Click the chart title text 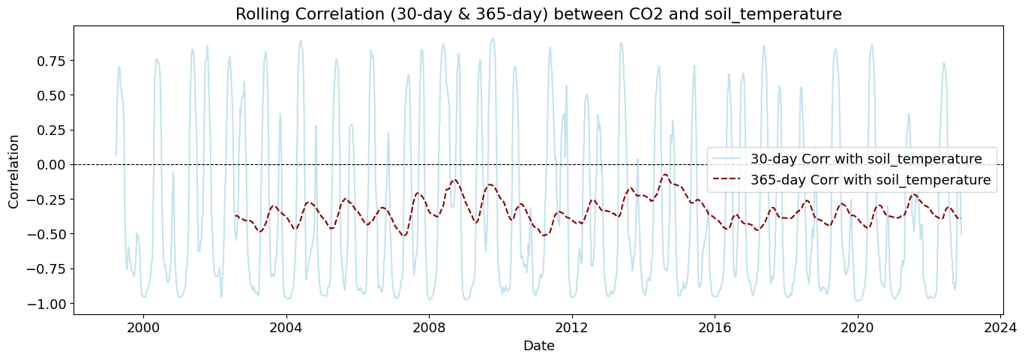tap(538, 13)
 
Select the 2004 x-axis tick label tap(286, 328)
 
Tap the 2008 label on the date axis tap(429, 328)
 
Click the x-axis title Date tap(538, 346)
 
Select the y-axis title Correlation tap(14, 171)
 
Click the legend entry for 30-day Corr tap(866, 159)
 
